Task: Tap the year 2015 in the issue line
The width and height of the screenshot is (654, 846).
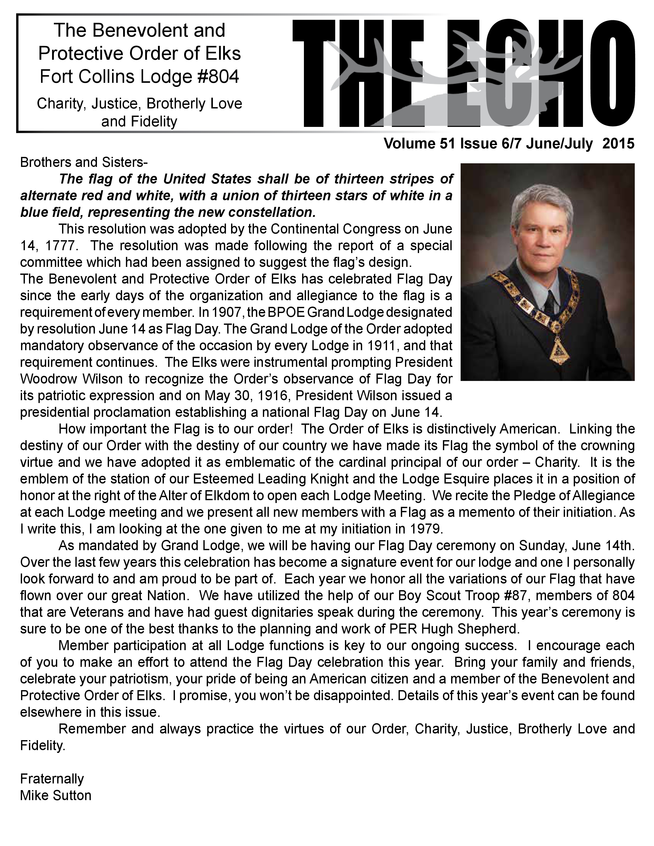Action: click(619, 144)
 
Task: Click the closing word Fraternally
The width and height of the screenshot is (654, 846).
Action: click(52, 779)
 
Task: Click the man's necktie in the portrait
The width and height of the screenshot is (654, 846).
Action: click(550, 299)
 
